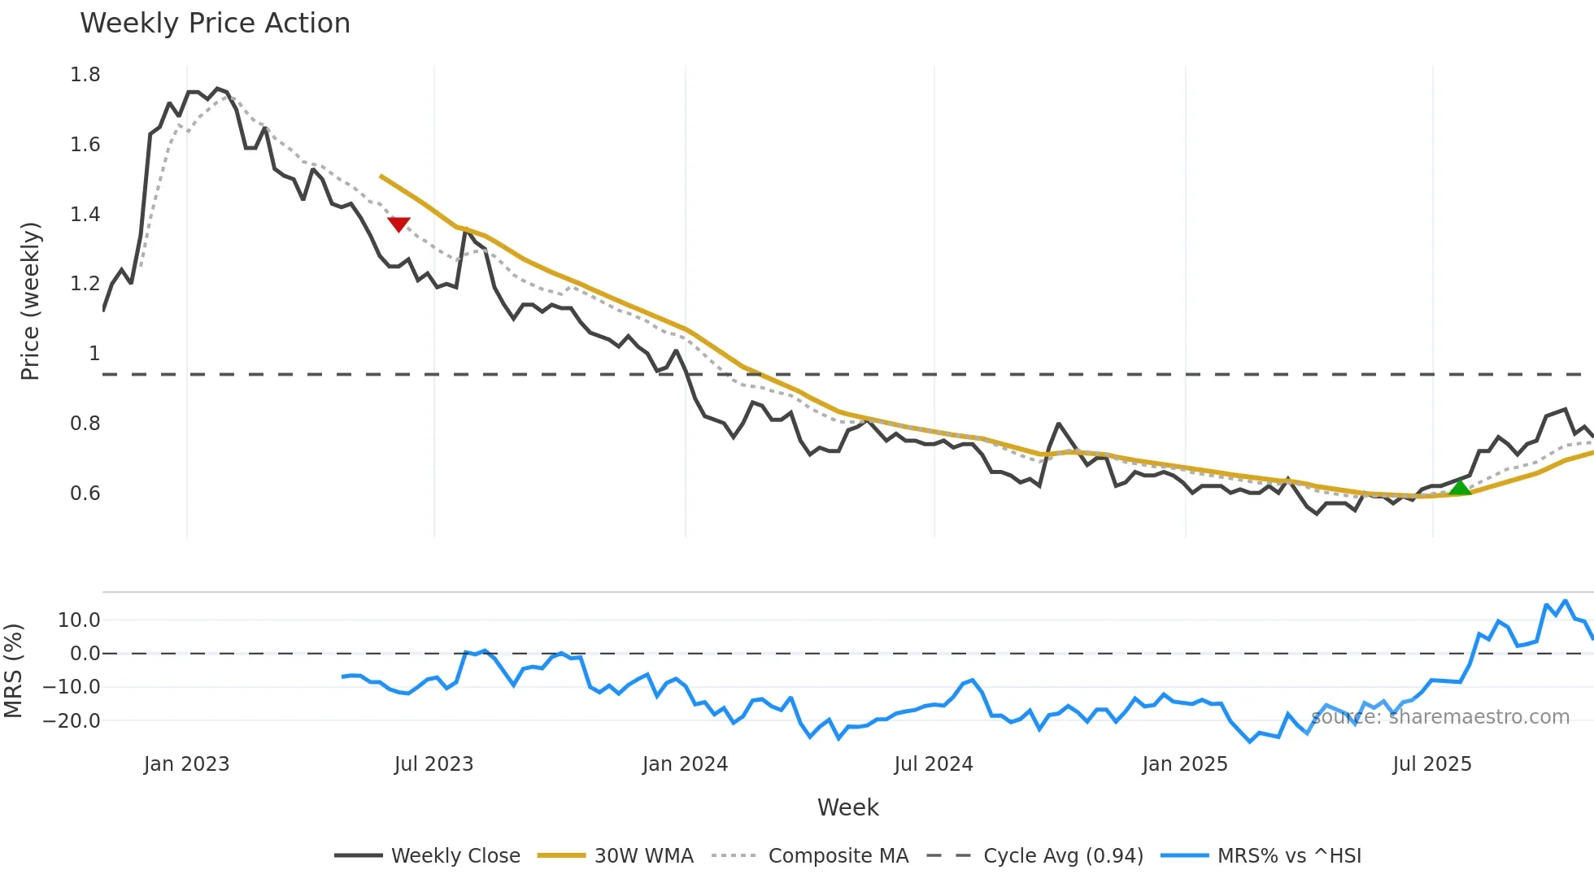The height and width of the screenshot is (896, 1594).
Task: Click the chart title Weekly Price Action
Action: point(215,24)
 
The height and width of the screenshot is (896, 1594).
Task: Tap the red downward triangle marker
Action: point(398,224)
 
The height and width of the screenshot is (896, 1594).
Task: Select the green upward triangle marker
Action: point(1460,488)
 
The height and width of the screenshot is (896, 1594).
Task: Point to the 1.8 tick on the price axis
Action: point(85,75)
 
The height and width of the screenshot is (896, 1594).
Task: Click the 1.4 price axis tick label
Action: point(85,215)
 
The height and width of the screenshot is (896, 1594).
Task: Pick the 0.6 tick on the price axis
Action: point(85,494)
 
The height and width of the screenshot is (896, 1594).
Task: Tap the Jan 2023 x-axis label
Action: point(186,764)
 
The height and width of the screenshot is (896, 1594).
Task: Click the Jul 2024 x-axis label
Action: point(933,764)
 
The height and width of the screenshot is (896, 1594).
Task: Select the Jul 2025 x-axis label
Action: point(1431,764)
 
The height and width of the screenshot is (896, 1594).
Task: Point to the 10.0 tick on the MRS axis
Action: point(79,620)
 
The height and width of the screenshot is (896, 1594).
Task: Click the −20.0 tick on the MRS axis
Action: point(72,721)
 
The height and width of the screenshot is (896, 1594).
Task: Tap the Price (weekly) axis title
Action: point(30,301)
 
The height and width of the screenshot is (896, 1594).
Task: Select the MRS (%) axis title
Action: point(13,671)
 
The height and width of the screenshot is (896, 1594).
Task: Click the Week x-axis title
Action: point(847,807)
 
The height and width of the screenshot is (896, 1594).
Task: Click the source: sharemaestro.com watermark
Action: point(1439,717)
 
